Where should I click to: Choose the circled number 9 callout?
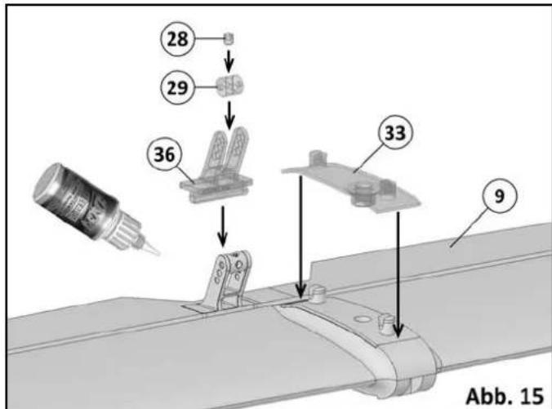[500, 196]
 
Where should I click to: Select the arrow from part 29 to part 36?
[231, 113]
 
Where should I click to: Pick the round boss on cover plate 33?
[362, 192]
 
